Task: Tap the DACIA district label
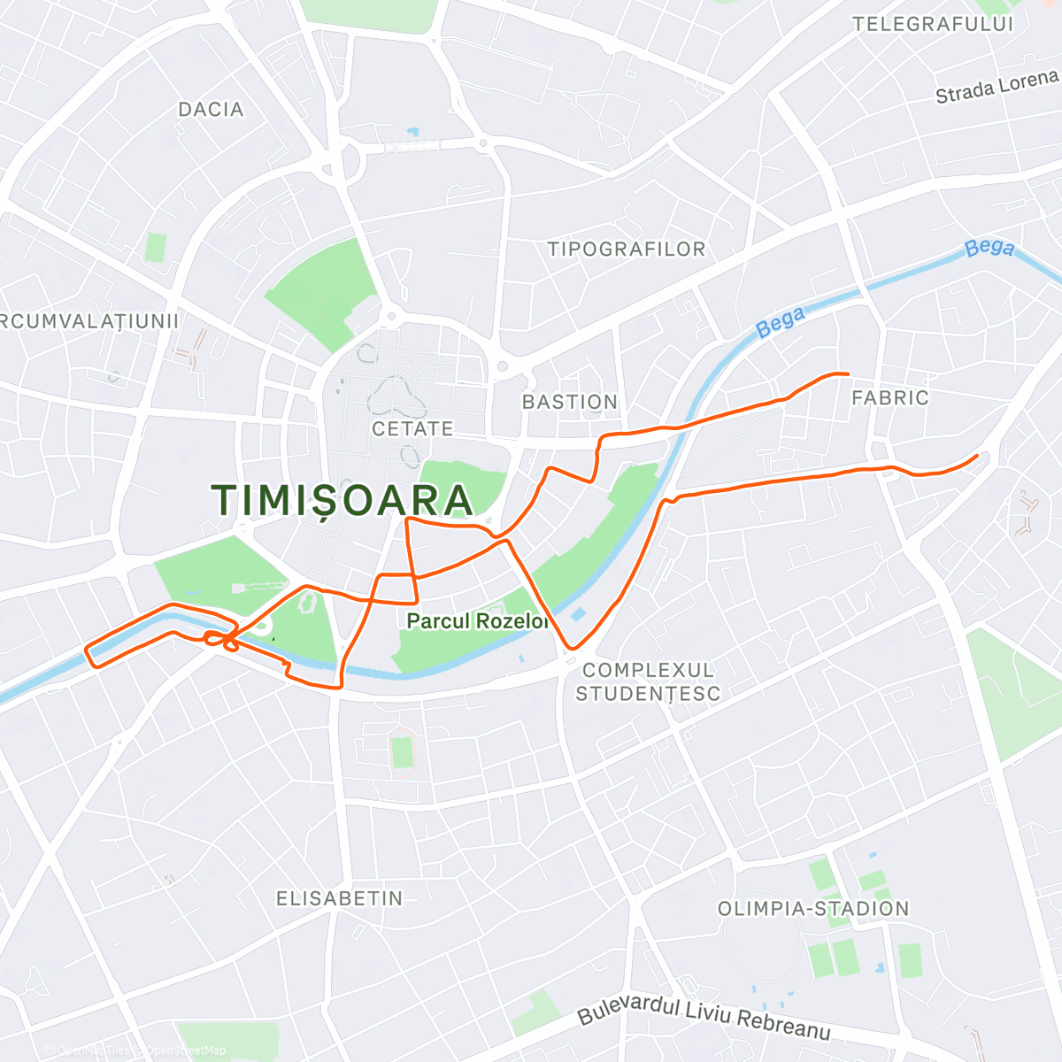pos(211,110)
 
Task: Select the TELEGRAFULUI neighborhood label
pos(933,25)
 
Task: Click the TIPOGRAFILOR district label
pos(627,250)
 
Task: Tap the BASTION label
pos(570,403)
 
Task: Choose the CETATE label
pos(412,429)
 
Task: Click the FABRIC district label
pos(890,398)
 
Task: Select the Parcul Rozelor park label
pos(477,621)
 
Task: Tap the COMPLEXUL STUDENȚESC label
pos(648,681)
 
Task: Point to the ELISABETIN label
pos(340,899)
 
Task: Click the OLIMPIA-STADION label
pos(813,909)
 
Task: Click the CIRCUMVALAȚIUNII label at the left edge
pos(88,321)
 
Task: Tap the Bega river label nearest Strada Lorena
pos(989,248)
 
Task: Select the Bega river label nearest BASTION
pos(781,322)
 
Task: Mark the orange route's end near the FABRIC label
pos(847,374)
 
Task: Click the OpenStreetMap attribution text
pos(185,1050)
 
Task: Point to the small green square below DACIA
pos(156,247)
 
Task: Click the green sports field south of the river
pos(403,752)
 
